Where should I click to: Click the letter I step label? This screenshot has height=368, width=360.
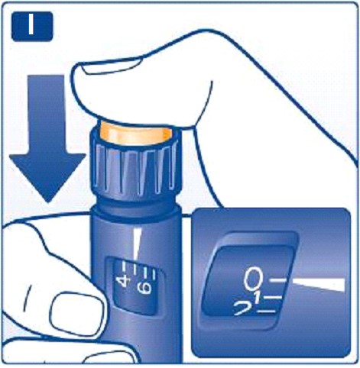pos(31,24)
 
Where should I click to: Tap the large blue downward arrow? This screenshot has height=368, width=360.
pos(47,137)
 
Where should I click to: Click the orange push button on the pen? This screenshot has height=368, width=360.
pos(136,133)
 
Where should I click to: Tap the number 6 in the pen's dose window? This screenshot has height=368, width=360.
pos(144,288)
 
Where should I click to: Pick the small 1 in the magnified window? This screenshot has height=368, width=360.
pos(258,297)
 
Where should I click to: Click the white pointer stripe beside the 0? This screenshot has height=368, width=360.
pos(319,285)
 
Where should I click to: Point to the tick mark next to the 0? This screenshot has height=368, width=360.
pos(278,280)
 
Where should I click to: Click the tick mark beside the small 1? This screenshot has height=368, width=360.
pos(273,297)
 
